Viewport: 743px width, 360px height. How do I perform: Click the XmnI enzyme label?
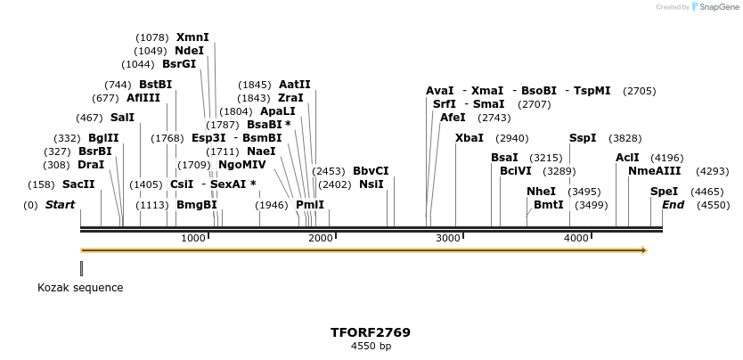[192, 37]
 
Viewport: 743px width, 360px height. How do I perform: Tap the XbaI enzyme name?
[469, 138]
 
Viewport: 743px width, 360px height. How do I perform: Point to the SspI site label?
[583, 138]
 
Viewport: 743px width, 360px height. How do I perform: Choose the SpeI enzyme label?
[664, 192]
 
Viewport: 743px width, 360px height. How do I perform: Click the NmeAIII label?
[654, 171]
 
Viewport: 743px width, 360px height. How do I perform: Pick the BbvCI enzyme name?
[371, 170]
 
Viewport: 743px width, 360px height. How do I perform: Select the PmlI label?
[310, 205]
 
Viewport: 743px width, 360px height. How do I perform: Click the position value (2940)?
[511, 138]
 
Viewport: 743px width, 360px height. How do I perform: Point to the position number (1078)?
[151, 37]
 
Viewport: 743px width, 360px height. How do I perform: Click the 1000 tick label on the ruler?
[193, 238]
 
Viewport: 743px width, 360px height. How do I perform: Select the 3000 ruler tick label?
[447, 238]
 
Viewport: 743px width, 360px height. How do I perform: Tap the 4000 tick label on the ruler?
[576, 238]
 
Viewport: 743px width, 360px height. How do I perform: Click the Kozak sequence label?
[80, 288]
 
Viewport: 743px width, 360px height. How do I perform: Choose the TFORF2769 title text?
[371, 332]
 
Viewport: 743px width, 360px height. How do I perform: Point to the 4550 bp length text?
[371, 346]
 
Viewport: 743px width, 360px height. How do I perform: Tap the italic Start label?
[60, 205]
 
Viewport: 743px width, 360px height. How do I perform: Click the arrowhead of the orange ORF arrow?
[642, 250]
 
